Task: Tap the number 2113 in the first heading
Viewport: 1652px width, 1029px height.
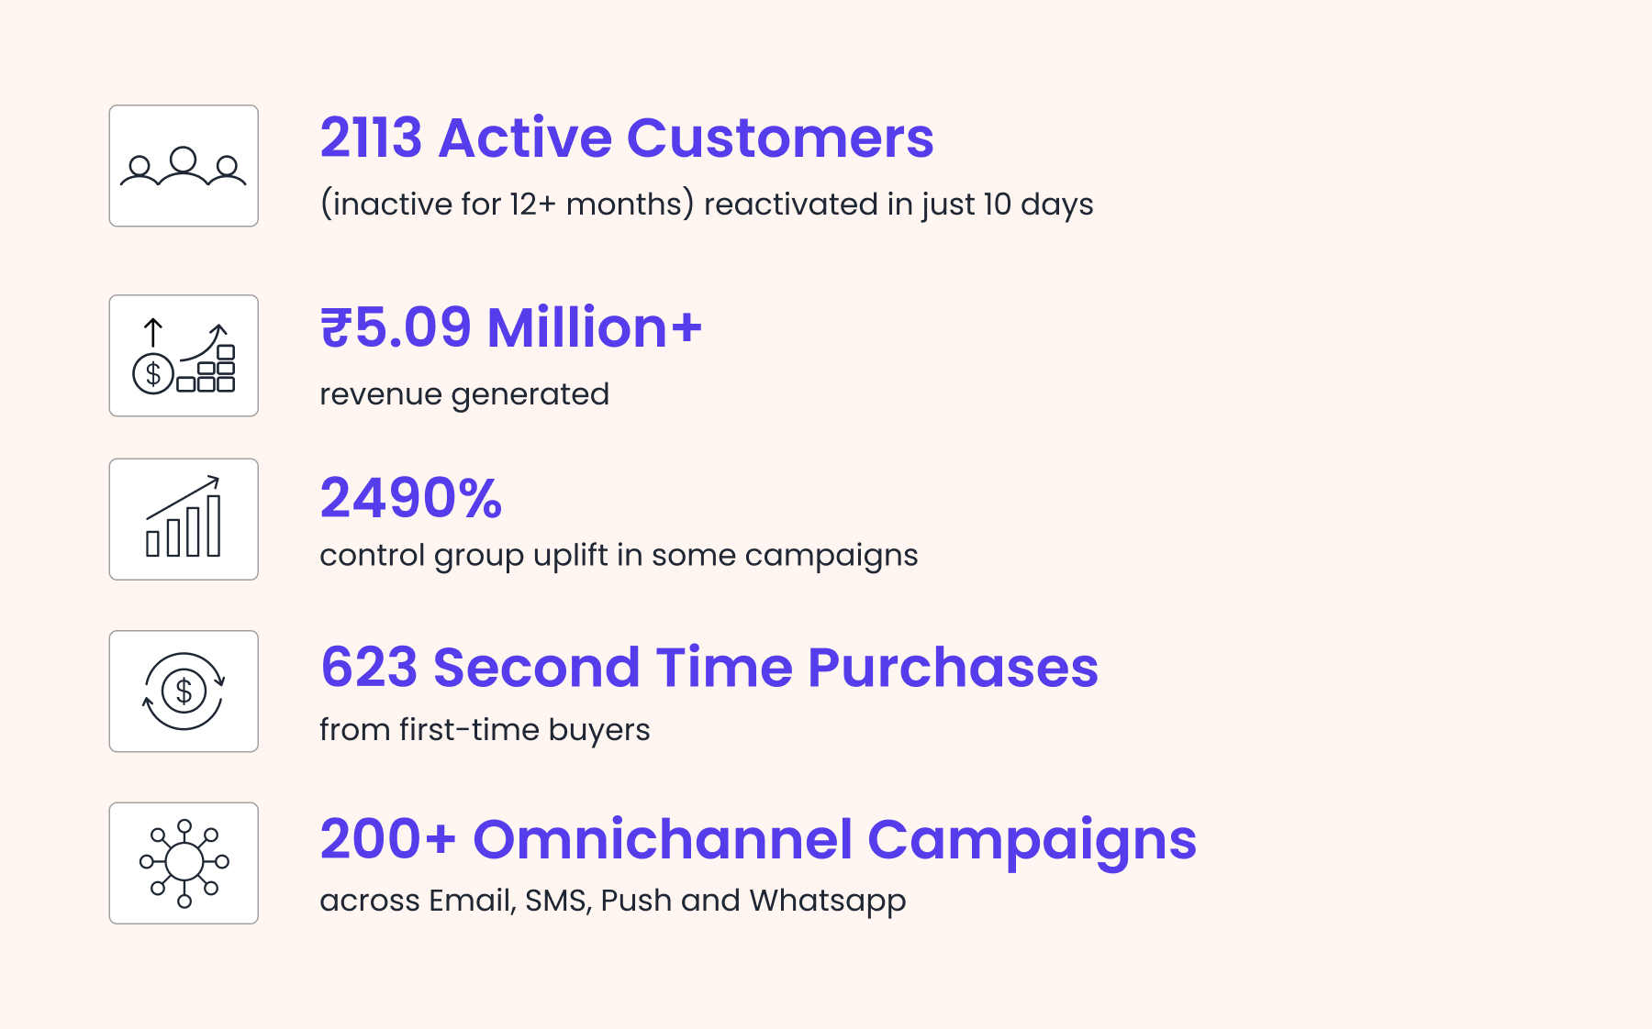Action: pos(371,138)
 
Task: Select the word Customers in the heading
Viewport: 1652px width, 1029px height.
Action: pos(780,138)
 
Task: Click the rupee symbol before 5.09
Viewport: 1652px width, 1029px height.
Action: pos(336,328)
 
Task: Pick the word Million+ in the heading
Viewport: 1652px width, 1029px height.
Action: pos(595,327)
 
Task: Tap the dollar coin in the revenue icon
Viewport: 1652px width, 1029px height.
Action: pos(153,373)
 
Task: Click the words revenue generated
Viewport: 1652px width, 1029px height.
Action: pos(464,394)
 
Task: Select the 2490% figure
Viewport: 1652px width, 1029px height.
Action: pos(411,498)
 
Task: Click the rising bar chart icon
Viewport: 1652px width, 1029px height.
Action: pos(184,516)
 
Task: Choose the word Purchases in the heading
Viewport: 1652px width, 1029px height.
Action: pos(953,668)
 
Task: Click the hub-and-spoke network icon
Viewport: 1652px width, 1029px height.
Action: pos(184,863)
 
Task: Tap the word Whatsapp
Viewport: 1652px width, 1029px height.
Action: pos(828,902)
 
